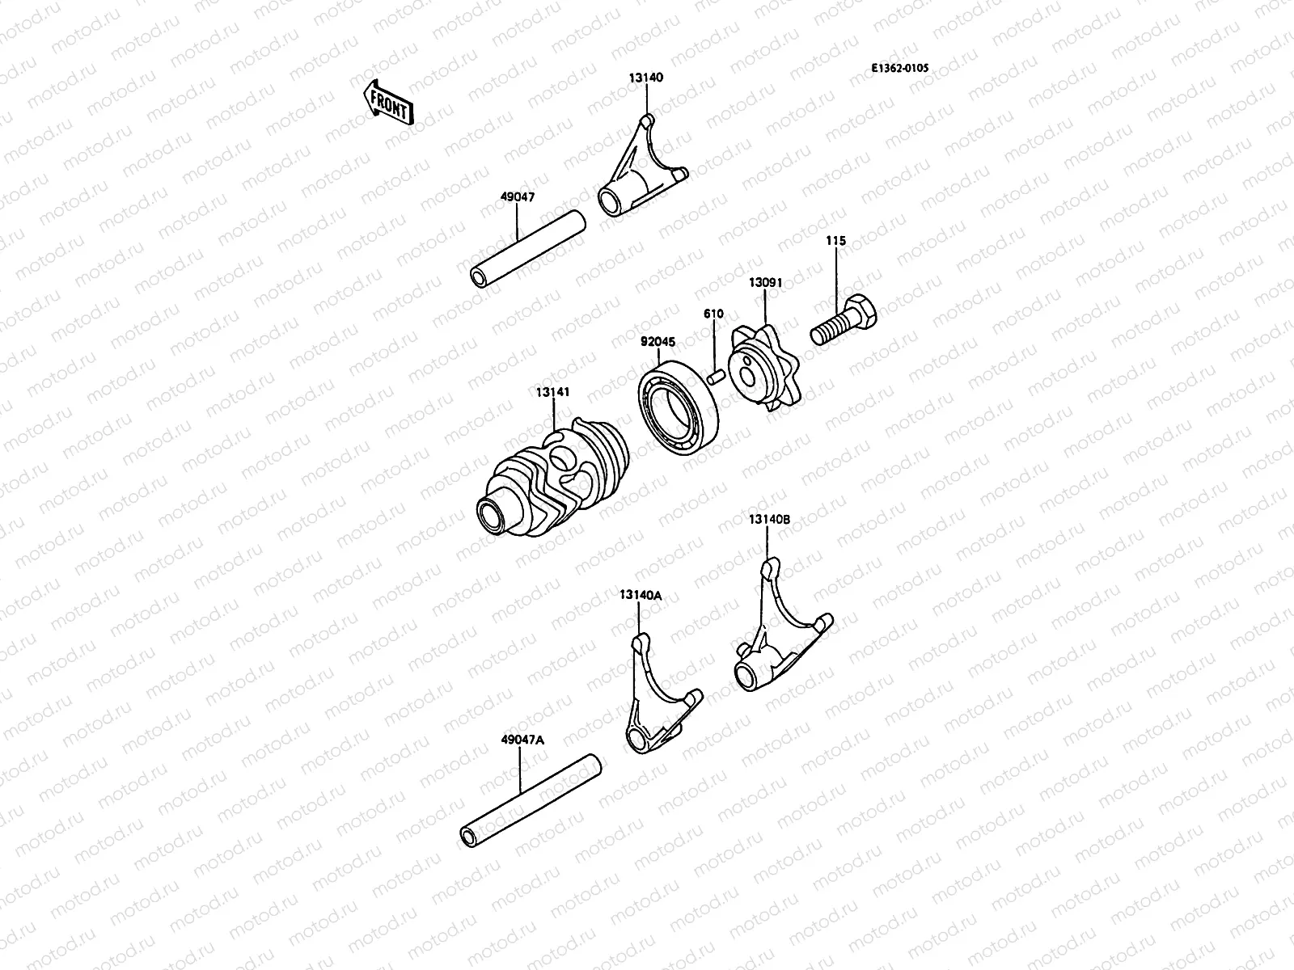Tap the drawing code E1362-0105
[x=899, y=69]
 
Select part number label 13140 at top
[x=646, y=78]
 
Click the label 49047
[x=518, y=196]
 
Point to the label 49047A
[x=523, y=740]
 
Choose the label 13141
[x=552, y=392]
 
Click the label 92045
[x=658, y=342]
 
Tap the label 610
[x=713, y=314]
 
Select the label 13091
[x=764, y=282]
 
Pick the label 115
[x=835, y=241]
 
